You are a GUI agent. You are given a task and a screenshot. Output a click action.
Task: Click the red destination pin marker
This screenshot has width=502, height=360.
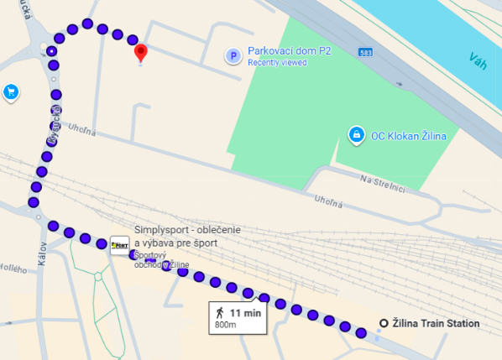[x=141, y=53]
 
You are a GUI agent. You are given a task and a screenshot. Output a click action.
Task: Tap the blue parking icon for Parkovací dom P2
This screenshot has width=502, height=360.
[x=233, y=56]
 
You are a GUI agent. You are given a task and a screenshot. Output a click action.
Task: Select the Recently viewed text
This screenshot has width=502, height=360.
[x=278, y=62]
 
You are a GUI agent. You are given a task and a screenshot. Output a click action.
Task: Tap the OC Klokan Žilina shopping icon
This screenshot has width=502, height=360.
[x=356, y=134]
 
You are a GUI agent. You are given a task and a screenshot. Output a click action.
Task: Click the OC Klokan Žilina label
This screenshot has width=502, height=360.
[x=409, y=135]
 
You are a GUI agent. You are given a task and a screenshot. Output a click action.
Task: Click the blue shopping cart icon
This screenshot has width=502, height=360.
[x=11, y=91]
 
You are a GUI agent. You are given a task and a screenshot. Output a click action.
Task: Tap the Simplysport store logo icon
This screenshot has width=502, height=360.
[x=120, y=245]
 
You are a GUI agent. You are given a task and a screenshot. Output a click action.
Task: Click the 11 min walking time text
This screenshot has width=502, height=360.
[x=247, y=313]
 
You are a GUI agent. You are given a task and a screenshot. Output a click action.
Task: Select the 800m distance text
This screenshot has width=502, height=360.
[x=226, y=325]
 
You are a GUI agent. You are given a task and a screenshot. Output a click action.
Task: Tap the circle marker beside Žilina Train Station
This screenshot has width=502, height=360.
[x=384, y=324]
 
